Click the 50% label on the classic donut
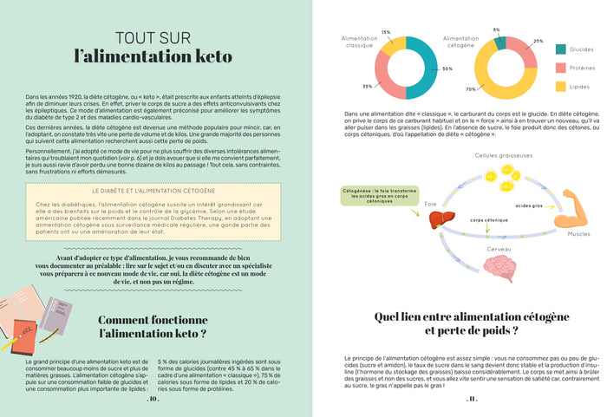coord(447,68)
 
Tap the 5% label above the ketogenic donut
coord(497,30)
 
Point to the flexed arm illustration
coord(573,210)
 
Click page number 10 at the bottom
coord(153,400)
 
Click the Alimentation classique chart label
coord(359,42)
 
